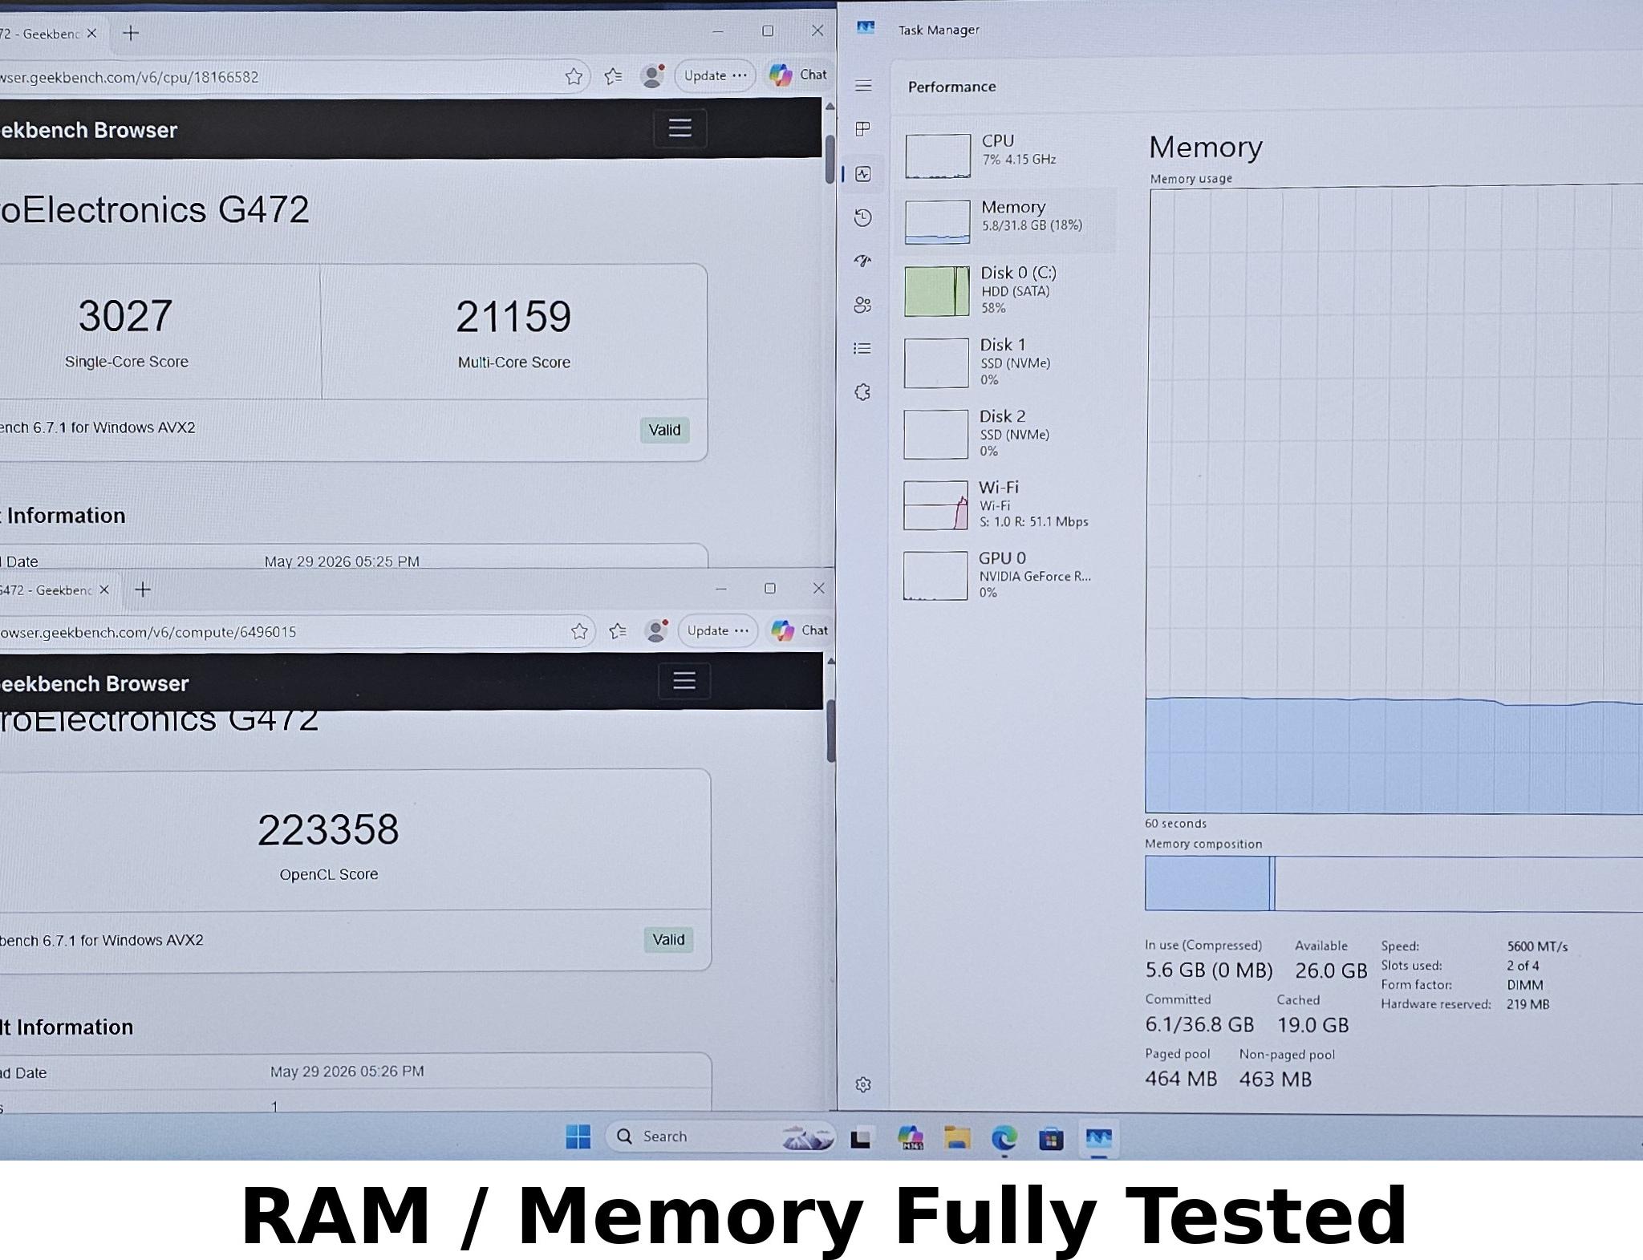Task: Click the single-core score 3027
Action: click(125, 316)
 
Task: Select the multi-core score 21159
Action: click(513, 317)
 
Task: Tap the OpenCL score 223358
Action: click(328, 829)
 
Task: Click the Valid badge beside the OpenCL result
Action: click(668, 939)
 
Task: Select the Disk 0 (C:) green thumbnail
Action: click(936, 291)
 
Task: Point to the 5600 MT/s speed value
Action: click(1537, 946)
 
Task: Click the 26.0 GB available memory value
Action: click(1331, 970)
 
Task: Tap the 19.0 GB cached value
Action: click(1313, 1025)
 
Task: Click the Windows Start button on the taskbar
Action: click(578, 1136)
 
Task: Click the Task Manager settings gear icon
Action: click(863, 1084)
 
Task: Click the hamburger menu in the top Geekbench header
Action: click(680, 128)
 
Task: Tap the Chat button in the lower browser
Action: click(799, 630)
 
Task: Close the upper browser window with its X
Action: click(817, 30)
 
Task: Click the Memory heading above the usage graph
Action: click(1206, 148)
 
